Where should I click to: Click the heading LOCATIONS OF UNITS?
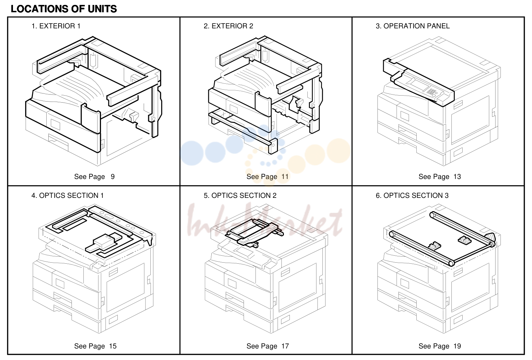[x=64, y=9]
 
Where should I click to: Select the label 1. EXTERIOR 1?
[x=56, y=26]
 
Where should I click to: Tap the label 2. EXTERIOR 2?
[x=229, y=26]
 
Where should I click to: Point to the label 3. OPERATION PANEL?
[x=412, y=26]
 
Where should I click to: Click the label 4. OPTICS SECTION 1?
[x=68, y=195]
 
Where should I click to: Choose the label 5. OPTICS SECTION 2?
[x=240, y=195]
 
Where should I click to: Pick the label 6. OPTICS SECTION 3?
[x=412, y=195]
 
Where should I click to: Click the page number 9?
[x=112, y=176]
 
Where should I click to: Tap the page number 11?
[x=285, y=176]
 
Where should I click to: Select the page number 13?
[x=457, y=176]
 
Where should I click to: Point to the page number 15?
[x=113, y=346]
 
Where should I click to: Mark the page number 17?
[x=285, y=346]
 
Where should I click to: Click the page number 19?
[x=457, y=346]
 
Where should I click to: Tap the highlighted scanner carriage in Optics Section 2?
[x=254, y=233]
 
